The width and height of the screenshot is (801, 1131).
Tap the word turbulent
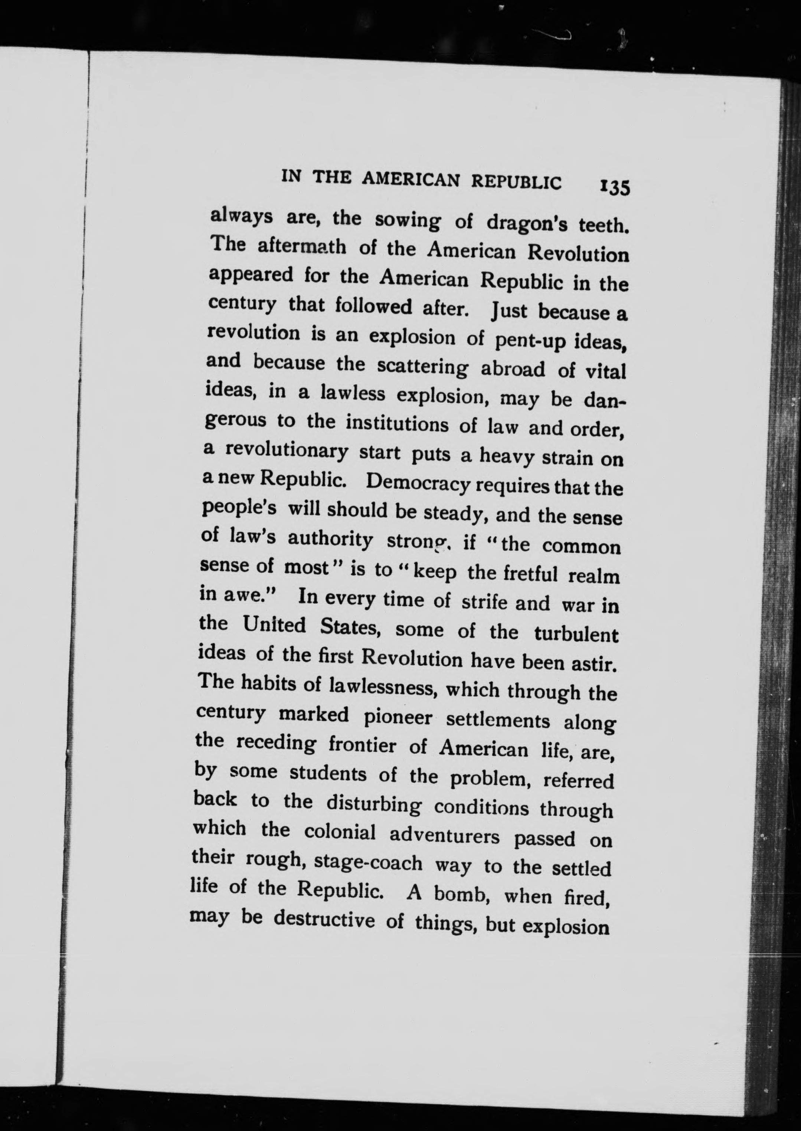click(576, 634)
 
